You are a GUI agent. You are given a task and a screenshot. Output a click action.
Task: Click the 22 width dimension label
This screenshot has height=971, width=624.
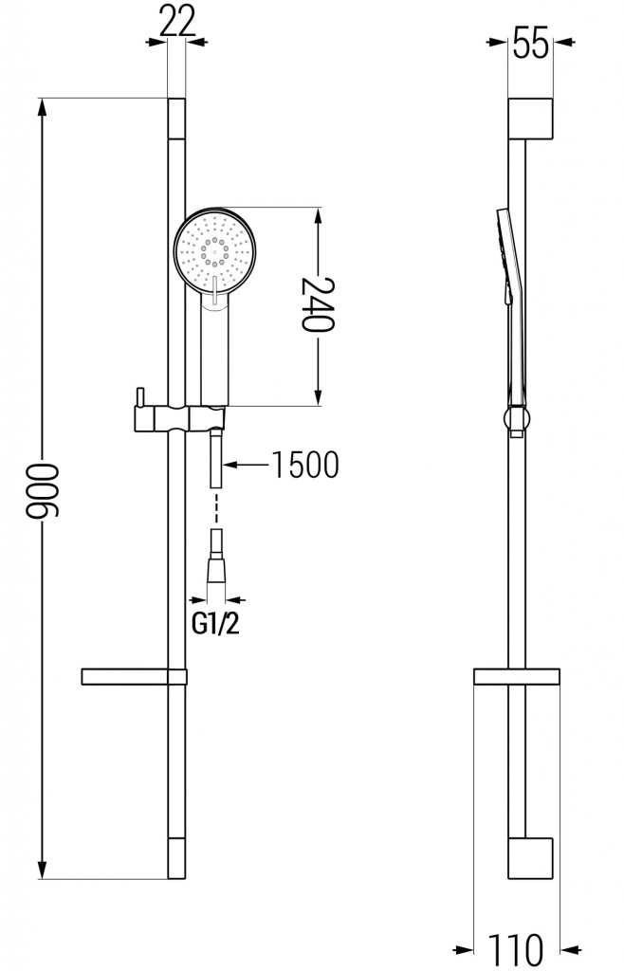tap(175, 21)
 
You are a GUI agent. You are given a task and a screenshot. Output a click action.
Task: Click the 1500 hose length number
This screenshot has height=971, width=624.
tap(304, 465)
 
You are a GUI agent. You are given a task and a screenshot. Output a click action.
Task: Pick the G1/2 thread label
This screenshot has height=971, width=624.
tap(217, 626)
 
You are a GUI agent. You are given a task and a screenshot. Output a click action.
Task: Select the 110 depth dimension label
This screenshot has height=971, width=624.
tap(518, 948)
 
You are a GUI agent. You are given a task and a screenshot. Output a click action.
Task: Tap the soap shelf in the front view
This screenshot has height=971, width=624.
tap(133, 676)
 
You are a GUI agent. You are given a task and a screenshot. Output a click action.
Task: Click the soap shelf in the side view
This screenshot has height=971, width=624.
tap(518, 677)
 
